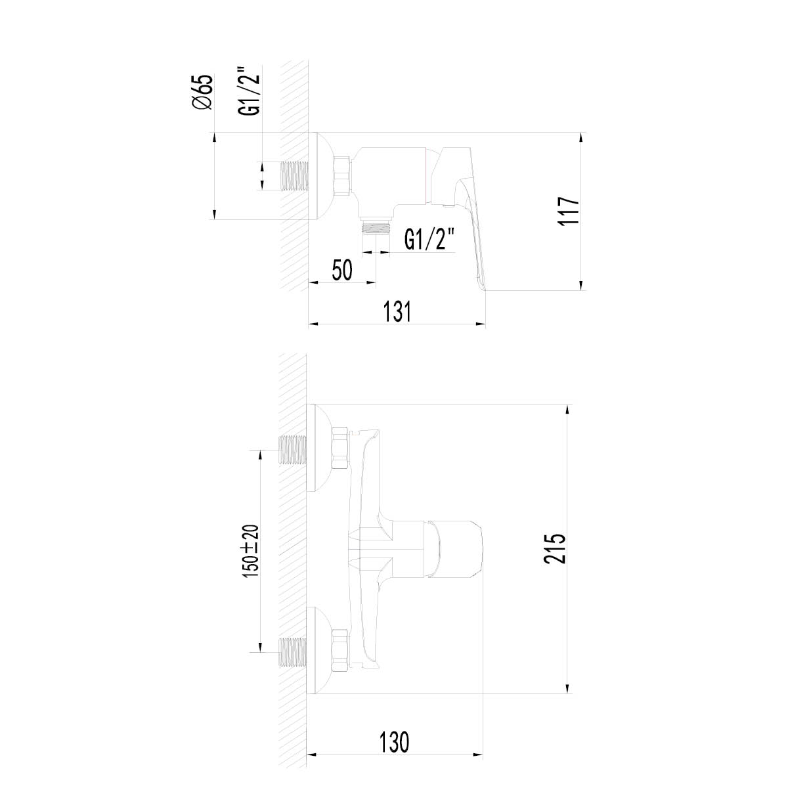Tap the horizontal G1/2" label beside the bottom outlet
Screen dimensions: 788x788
tap(429, 239)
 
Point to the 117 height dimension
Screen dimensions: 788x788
tap(568, 210)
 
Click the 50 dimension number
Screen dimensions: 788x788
tap(342, 270)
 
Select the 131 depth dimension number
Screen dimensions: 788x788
tap(397, 311)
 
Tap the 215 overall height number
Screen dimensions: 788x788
tap(555, 549)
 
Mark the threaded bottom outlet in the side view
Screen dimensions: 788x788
tap(376, 228)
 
